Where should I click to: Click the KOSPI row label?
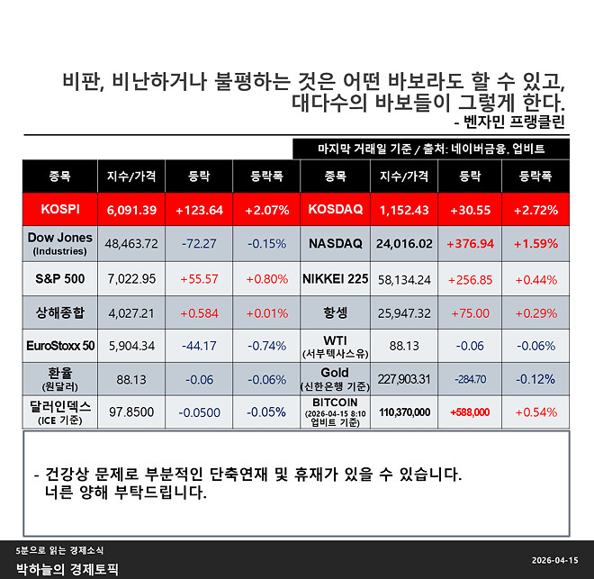60,210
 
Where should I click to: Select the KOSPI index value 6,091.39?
131,210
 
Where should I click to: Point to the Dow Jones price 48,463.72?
131,244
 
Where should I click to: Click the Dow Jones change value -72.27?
200,244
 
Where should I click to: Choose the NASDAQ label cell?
335,244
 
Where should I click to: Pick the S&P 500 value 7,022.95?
131,279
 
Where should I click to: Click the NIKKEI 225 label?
335,279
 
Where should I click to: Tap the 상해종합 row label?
60,312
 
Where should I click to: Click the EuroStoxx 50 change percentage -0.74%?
266,346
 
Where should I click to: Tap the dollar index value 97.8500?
131,412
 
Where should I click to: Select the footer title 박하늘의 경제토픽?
67,569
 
